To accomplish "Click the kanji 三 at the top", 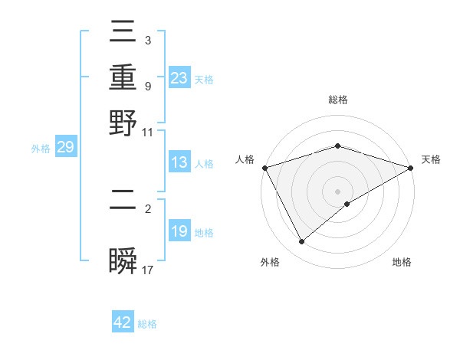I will pyautogui.click(x=123, y=35).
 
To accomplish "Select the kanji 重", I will pyautogui.click(x=123, y=78).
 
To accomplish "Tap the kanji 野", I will pyautogui.click(x=123, y=122).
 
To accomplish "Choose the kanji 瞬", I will pyautogui.click(x=123, y=260).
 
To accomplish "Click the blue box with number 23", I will pyautogui.click(x=179, y=77).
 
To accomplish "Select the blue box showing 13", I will pyautogui.click(x=179, y=162).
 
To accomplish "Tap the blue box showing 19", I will pyautogui.click(x=179, y=231).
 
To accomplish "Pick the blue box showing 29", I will pyautogui.click(x=65, y=147).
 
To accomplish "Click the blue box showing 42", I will pyautogui.click(x=123, y=322).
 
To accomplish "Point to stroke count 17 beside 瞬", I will pyautogui.click(x=148, y=270).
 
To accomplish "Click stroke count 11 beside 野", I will pyautogui.click(x=148, y=132).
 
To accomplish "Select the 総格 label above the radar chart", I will pyautogui.click(x=338, y=100).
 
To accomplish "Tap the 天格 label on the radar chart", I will pyautogui.click(x=431, y=159).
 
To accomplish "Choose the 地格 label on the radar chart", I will pyautogui.click(x=402, y=262).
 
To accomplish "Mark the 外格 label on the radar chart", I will pyautogui.click(x=270, y=262).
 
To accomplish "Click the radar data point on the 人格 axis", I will pyautogui.click(x=264, y=168).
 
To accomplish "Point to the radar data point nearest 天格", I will pyautogui.click(x=411, y=168).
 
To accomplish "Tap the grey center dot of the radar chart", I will pyautogui.click(x=338, y=191).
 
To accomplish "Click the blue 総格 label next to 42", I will pyautogui.click(x=147, y=324).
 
